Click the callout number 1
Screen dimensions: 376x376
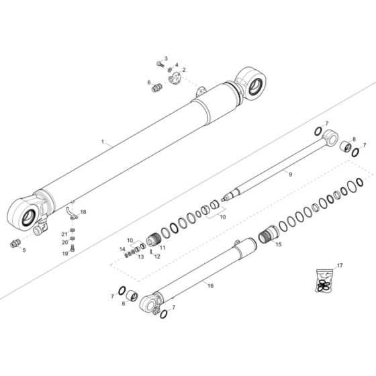pyautogui.click(x=102, y=142)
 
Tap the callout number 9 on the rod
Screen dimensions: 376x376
pyautogui.click(x=290, y=174)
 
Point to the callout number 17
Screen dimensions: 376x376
pyautogui.click(x=340, y=266)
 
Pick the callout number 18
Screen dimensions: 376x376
pyautogui.click(x=84, y=212)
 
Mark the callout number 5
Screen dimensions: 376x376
pyautogui.click(x=23, y=250)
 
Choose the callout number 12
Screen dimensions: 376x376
pyautogui.click(x=157, y=256)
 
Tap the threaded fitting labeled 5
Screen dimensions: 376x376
pyautogui.click(x=14, y=242)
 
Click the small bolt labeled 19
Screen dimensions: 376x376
pyautogui.click(x=73, y=246)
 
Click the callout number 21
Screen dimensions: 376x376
pyautogui.click(x=65, y=233)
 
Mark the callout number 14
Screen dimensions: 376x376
pyautogui.click(x=123, y=250)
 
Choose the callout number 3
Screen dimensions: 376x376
pyautogui.click(x=166, y=59)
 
